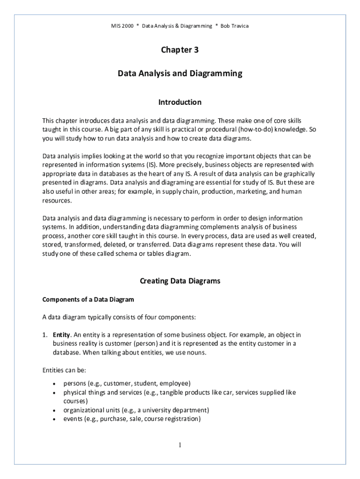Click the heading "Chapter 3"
(180, 50)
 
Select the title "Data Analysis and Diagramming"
(180, 73)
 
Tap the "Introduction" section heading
(180, 102)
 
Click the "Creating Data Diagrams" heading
(180, 281)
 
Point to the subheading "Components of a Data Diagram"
(88, 299)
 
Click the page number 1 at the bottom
(180, 445)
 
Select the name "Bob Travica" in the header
(235, 26)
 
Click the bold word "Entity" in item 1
(62, 335)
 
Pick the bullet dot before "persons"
(56, 384)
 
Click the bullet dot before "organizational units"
(56, 410)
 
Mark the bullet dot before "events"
(56, 419)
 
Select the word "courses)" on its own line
(76, 401)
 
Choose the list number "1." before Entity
(45, 335)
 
